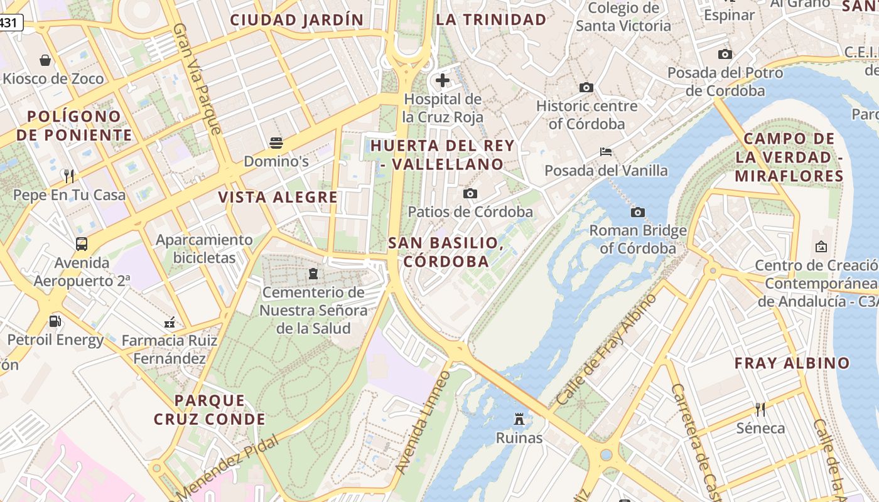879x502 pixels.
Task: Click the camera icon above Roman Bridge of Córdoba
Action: click(x=638, y=213)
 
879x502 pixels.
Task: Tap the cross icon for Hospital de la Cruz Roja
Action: click(x=443, y=80)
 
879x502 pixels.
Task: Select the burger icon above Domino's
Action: click(x=276, y=143)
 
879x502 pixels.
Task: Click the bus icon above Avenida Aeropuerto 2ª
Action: click(x=82, y=244)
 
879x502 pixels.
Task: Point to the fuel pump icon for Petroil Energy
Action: click(x=55, y=321)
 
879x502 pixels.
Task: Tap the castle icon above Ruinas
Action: click(x=519, y=419)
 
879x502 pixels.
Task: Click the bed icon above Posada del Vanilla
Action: click(x=606, y=152)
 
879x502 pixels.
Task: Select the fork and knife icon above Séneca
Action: click(x=760, y=410)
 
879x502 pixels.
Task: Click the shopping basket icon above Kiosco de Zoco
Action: click(x=45, y=60)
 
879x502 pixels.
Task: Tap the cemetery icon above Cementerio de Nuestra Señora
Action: click(x=313, y=274)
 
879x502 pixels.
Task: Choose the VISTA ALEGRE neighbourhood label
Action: click(x=278, y=197)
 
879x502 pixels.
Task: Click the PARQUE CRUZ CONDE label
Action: click(x=210, y=410)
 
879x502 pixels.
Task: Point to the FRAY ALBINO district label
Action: click(x=792, y=363)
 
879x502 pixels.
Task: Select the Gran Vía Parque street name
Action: click(x=198, y=79)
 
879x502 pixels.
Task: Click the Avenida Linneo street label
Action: click(x=424, y=422)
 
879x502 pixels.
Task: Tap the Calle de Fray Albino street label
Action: click(x=607, y=349)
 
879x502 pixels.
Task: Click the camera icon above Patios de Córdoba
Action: click(x=470, y=194)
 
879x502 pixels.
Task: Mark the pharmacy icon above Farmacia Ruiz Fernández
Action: click(x=169, y=323)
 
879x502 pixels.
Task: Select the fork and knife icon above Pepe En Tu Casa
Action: click(x=69, y=176)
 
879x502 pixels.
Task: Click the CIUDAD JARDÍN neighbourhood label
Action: click(x=297, y=20)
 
